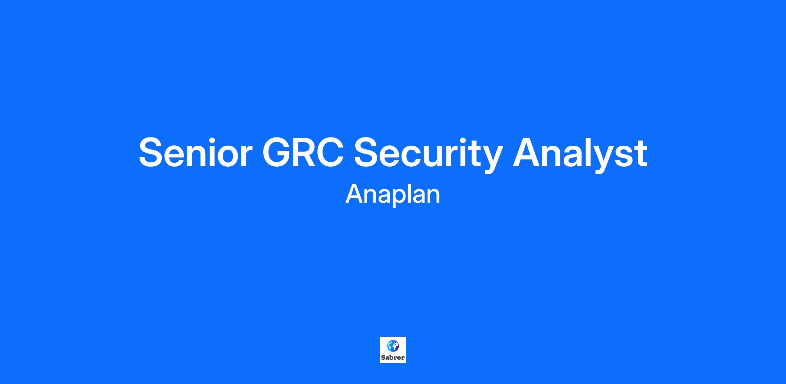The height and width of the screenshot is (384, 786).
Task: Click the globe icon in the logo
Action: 393,346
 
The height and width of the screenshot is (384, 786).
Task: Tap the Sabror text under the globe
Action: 393,357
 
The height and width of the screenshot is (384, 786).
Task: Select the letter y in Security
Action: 491,159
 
